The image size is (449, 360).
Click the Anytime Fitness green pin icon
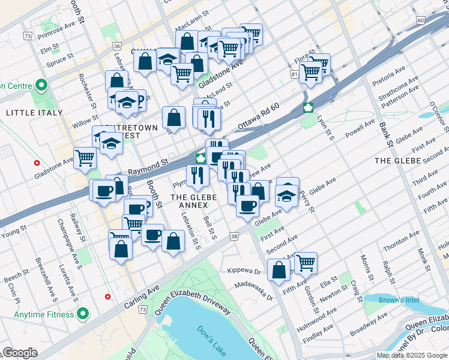[x=83, y=314]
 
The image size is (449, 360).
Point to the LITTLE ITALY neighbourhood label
[x=34, y=112]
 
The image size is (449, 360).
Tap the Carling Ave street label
[x=139, y=298]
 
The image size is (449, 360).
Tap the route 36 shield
[x=116, y=46]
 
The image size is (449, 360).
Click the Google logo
[x=19, y=353]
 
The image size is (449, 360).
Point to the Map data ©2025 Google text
[x=412, y=355]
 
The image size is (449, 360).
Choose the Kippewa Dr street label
[x=243, y=271]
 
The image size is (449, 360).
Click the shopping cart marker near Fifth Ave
[x=306, y=262]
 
